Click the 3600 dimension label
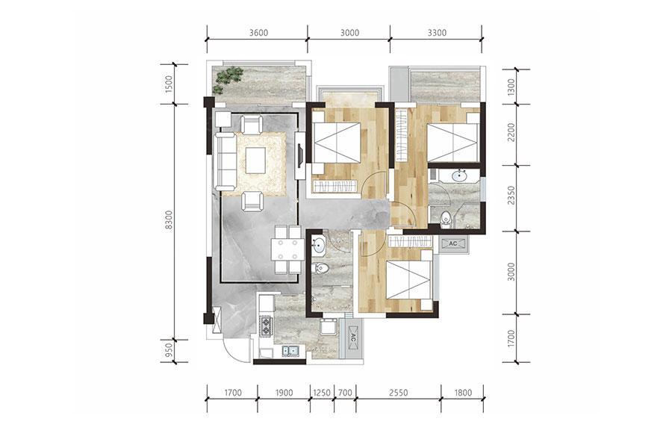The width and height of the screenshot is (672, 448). (x=258, y=33)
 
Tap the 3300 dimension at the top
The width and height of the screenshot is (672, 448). (x=437, y=33)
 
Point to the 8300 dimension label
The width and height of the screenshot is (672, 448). (x=169, y=220)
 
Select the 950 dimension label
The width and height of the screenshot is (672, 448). (x=169, y=350)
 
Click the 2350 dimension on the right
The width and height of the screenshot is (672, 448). (x=511, y=195)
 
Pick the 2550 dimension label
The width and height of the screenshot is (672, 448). (x=398, y=393)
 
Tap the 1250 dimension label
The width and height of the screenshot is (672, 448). (x=322, y=393)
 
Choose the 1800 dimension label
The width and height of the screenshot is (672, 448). (x=463, y=393)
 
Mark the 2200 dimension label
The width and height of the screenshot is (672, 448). (x=511, y=133)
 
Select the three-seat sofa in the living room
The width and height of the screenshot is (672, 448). (x=225, y=161)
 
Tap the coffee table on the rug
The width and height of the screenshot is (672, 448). (x=256, y=161)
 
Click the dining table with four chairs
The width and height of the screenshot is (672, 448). (x=288, y=250)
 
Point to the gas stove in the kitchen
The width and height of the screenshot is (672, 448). (x=266, y=326)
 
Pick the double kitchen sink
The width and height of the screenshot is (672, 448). (x=290, y=352)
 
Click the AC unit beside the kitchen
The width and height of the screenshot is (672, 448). (x=353, y=337)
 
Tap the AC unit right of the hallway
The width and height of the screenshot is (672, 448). (x=452, y=244)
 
